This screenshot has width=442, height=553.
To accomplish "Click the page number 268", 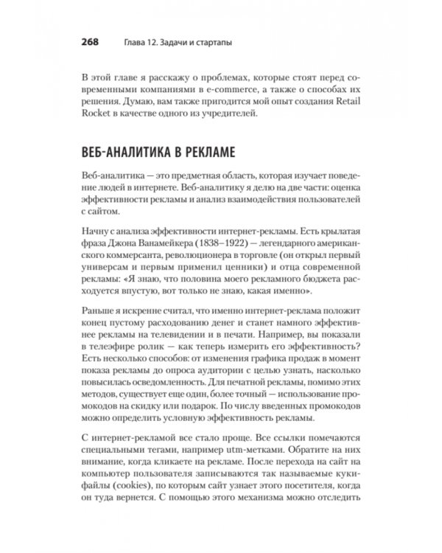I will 89,42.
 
